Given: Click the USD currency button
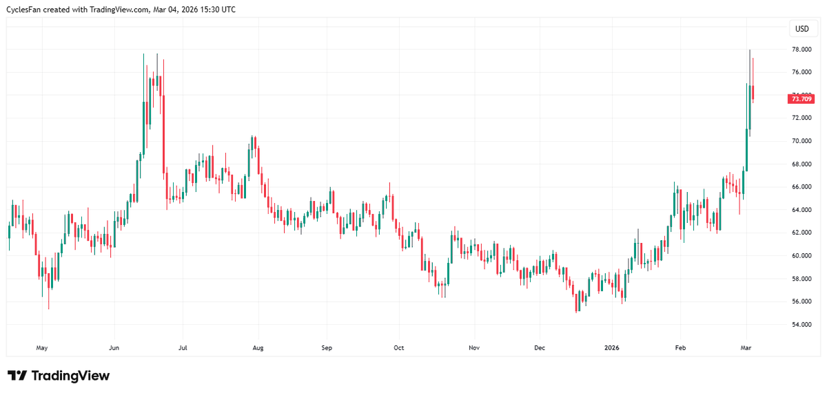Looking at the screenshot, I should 802,28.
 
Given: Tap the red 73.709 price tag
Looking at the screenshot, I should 801,99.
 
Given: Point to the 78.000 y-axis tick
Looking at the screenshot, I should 801,50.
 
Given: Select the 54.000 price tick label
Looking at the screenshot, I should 801,325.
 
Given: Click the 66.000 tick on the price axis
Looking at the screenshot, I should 801,187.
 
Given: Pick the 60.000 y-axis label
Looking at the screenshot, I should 801,256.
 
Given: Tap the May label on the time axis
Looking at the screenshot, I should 41,348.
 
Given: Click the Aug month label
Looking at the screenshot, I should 257,348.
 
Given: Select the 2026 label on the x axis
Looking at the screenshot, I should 611,348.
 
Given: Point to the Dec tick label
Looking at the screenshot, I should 540,348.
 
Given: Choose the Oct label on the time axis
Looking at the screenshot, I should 398,348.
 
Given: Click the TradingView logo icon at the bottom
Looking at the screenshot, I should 17,376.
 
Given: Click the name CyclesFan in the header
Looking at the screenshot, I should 34,10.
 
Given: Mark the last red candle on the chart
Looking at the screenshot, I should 753,93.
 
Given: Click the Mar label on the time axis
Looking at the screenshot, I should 745,348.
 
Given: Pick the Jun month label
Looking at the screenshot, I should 114,348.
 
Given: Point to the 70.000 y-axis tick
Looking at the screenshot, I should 801,141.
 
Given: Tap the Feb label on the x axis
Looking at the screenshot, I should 680,348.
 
